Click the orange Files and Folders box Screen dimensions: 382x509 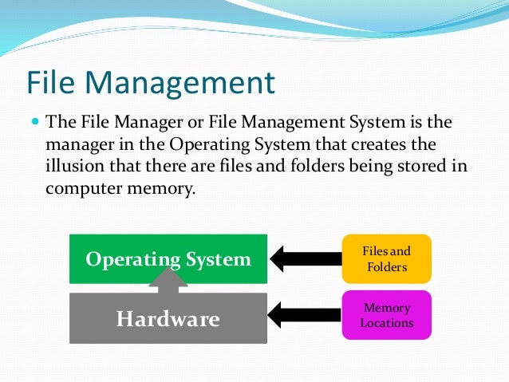386,259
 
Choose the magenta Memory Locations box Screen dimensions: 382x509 386,315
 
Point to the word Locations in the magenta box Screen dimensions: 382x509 386,323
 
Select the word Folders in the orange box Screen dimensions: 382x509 386,266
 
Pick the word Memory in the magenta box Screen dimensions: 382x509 386,308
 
